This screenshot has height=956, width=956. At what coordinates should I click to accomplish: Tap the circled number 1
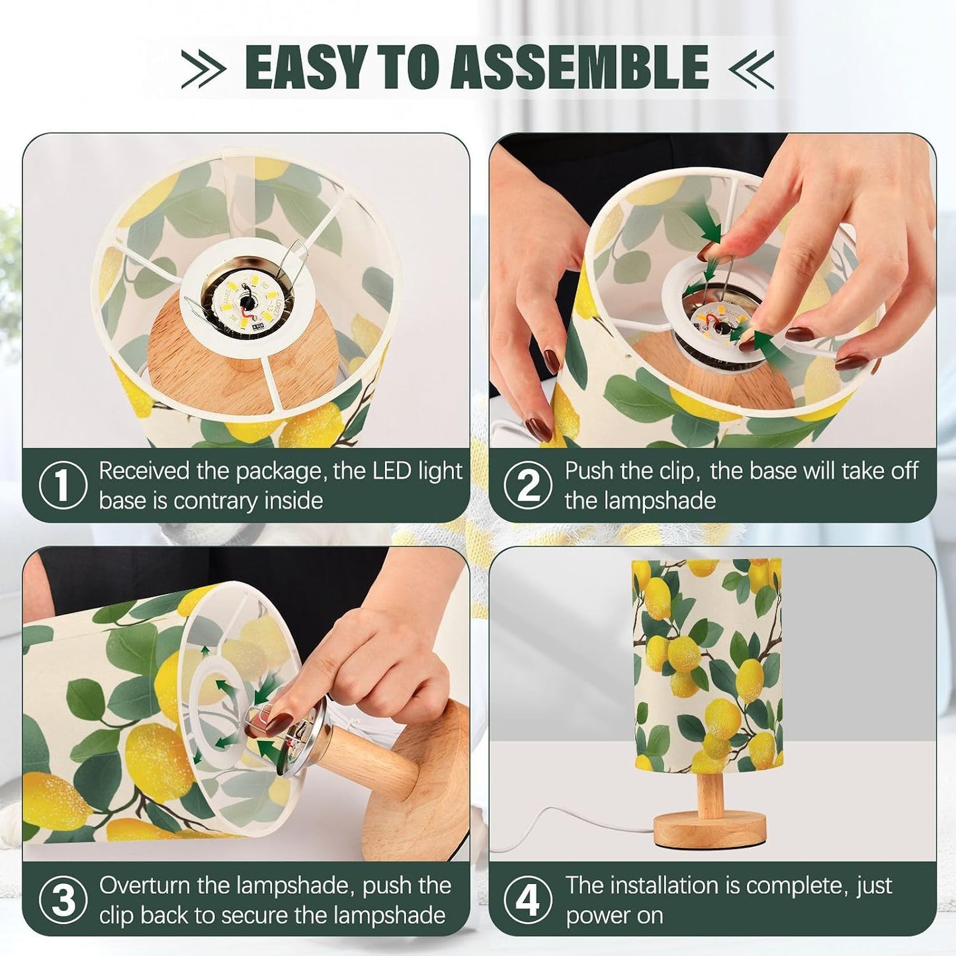(62, 485)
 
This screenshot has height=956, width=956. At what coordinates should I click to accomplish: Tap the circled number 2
(528, 485)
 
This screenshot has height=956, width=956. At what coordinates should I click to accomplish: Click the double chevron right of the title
(751, 68)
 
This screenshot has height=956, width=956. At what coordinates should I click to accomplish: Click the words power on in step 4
(614, 916)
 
